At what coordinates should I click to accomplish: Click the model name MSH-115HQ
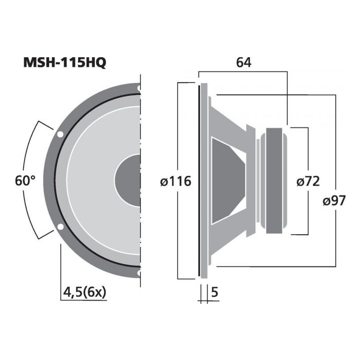tap(64, 62)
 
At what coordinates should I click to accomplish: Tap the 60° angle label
tap(25, 180)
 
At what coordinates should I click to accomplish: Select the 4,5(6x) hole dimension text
tap(85, 292)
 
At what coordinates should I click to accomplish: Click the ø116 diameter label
tap(176, 181)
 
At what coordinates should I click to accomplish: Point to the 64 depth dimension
tap(244, 62)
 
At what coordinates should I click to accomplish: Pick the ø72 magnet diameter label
tap(308, 181)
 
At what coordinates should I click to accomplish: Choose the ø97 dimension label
tap(334, 201)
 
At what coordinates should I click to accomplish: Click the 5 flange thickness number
tap(215, 292)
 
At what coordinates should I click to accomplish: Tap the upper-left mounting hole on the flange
tap(60, 134)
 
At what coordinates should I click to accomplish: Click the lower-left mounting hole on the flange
tap(60, 227)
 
